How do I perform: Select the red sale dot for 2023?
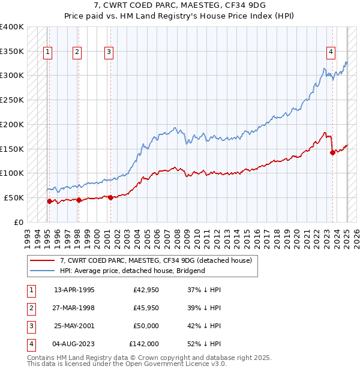[x=332, y=152]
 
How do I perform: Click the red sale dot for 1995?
[x=49, y=201]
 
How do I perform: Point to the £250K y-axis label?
[x=12, y=100]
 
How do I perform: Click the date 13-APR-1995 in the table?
[x=74, y=290]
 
